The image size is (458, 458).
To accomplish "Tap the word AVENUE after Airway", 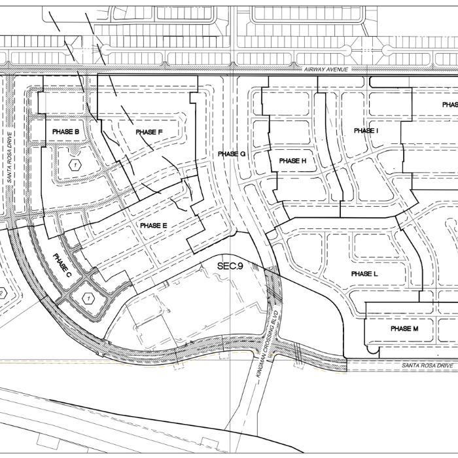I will point(340,69).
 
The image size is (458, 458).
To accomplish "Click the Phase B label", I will point(65,132).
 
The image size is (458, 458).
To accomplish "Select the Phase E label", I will point(154,226).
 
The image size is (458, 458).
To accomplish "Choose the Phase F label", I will point(149,132).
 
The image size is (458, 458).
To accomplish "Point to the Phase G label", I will point(232,154).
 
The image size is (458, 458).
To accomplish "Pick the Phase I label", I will point(366,131).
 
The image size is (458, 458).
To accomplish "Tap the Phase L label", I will point(364,273).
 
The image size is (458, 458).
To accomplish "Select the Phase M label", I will point(404,328).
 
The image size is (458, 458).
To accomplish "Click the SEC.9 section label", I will point(230,266).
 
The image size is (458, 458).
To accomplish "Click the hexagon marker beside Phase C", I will point(85,298).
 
